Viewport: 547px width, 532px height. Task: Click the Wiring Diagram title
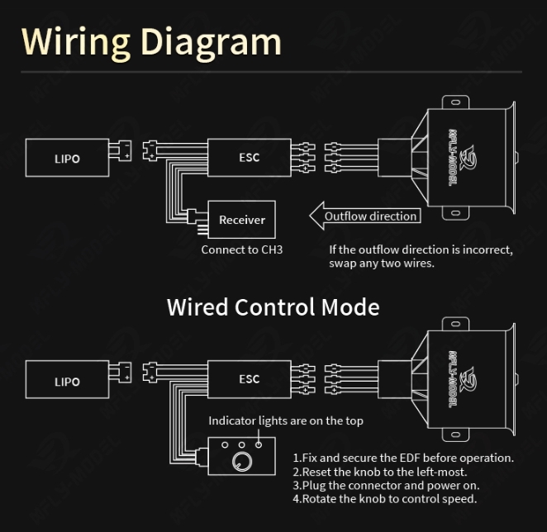[151, 41]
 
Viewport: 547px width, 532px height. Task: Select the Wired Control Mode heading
[273, 306]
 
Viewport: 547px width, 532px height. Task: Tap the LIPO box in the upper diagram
[67, 157]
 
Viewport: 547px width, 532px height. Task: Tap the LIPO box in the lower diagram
[67, 381]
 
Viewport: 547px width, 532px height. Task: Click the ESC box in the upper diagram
[248, 156]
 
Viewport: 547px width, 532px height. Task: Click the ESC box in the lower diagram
[248, 379]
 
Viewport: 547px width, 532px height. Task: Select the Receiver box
[241, 220]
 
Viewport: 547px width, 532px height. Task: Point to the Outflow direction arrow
[365, 216]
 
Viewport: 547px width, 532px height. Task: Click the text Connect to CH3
[241, 249]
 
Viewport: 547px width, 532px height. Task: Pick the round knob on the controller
[241, 461]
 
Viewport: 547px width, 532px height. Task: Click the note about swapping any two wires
[421, 256]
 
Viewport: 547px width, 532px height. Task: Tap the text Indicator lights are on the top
[285, 420]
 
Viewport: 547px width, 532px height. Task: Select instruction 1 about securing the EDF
[403, 458]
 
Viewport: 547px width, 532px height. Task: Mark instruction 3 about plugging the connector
[386, 485]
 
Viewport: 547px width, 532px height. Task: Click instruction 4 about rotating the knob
[384, 498]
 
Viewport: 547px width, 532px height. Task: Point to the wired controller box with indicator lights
[241, 455]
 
